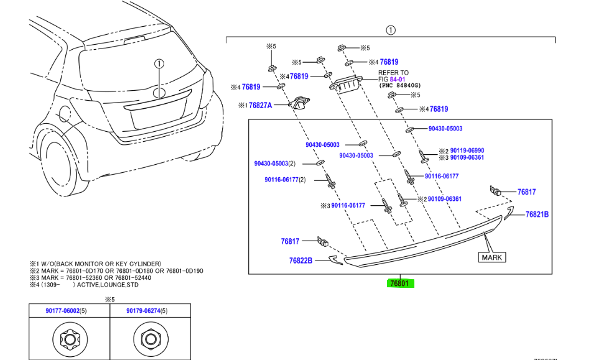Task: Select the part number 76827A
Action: (x=261, y=106)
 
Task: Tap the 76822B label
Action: (x=300, y=261)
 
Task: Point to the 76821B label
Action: (x=537, y=215)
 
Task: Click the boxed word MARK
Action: (x=491, y=257)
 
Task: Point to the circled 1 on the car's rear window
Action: (x=159, y=63)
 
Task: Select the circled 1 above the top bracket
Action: (x=390, y=29)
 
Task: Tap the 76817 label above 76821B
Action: (x=526, y=193)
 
